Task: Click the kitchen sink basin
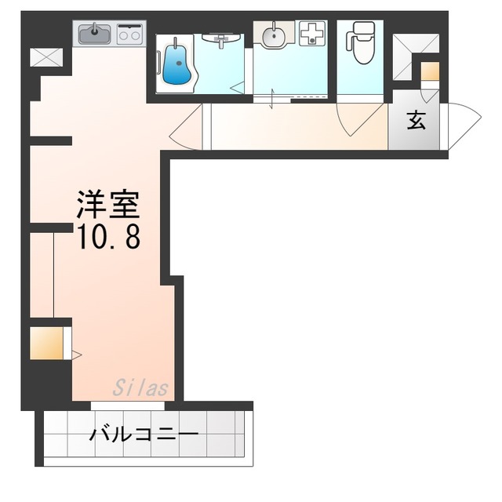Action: tap(95, 33)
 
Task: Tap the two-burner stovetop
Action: tap(130, 34)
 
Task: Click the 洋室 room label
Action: tap(107, 205)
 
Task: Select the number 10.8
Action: tap(108, 236)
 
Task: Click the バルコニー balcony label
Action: tap(144, 434)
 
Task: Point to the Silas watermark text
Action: tap(141, 387)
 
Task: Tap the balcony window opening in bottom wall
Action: tap(126, 406)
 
